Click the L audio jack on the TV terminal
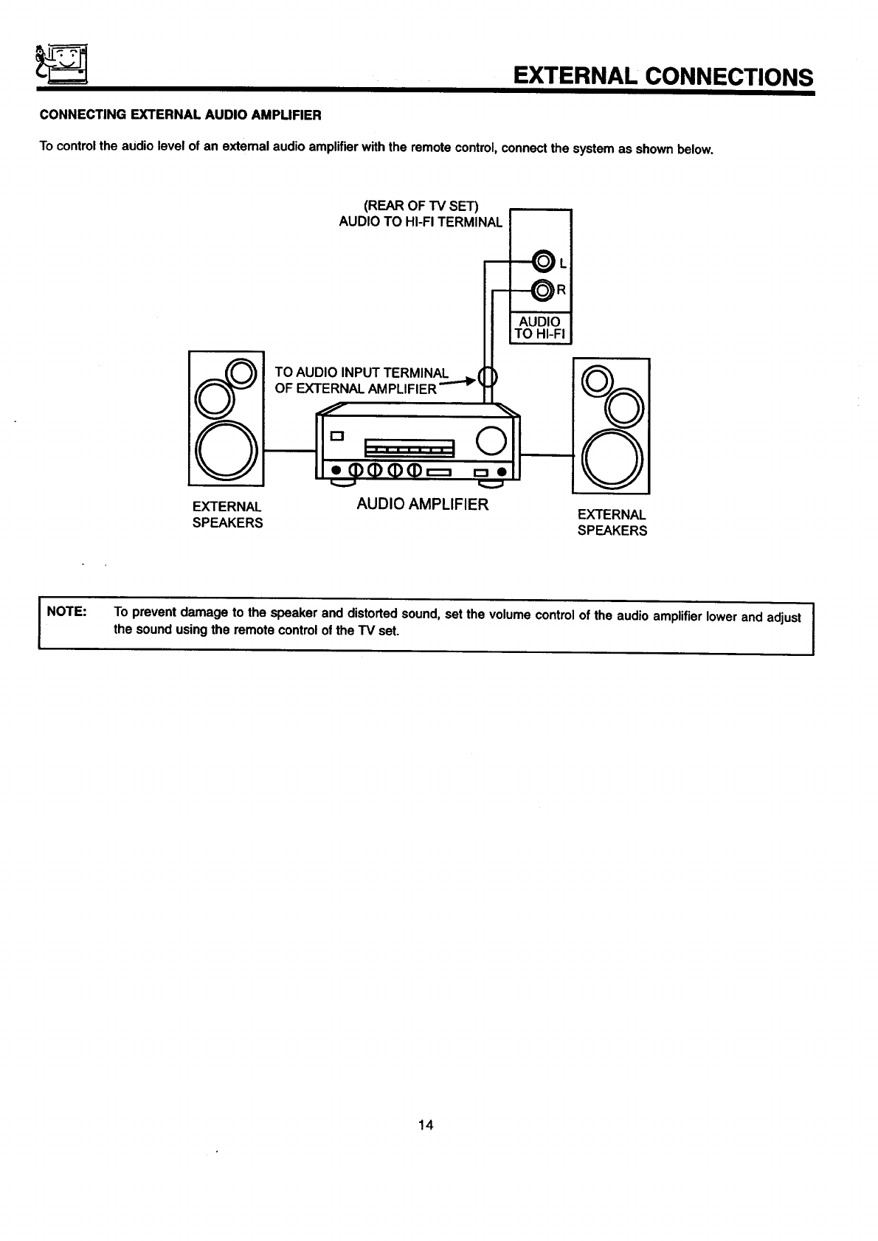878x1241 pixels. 543,262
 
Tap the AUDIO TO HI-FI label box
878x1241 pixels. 540,328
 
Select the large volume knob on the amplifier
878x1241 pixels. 491,440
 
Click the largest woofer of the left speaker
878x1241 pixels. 226,452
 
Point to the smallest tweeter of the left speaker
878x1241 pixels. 241,373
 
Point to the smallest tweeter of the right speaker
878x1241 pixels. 596,380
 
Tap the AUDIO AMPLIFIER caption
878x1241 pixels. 422,505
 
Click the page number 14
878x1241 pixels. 426,1124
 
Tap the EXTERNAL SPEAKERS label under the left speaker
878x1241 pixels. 227,515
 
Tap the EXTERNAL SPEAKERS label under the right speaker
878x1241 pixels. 612,522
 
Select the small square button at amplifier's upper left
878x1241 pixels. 336,435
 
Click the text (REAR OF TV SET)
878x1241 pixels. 421,204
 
